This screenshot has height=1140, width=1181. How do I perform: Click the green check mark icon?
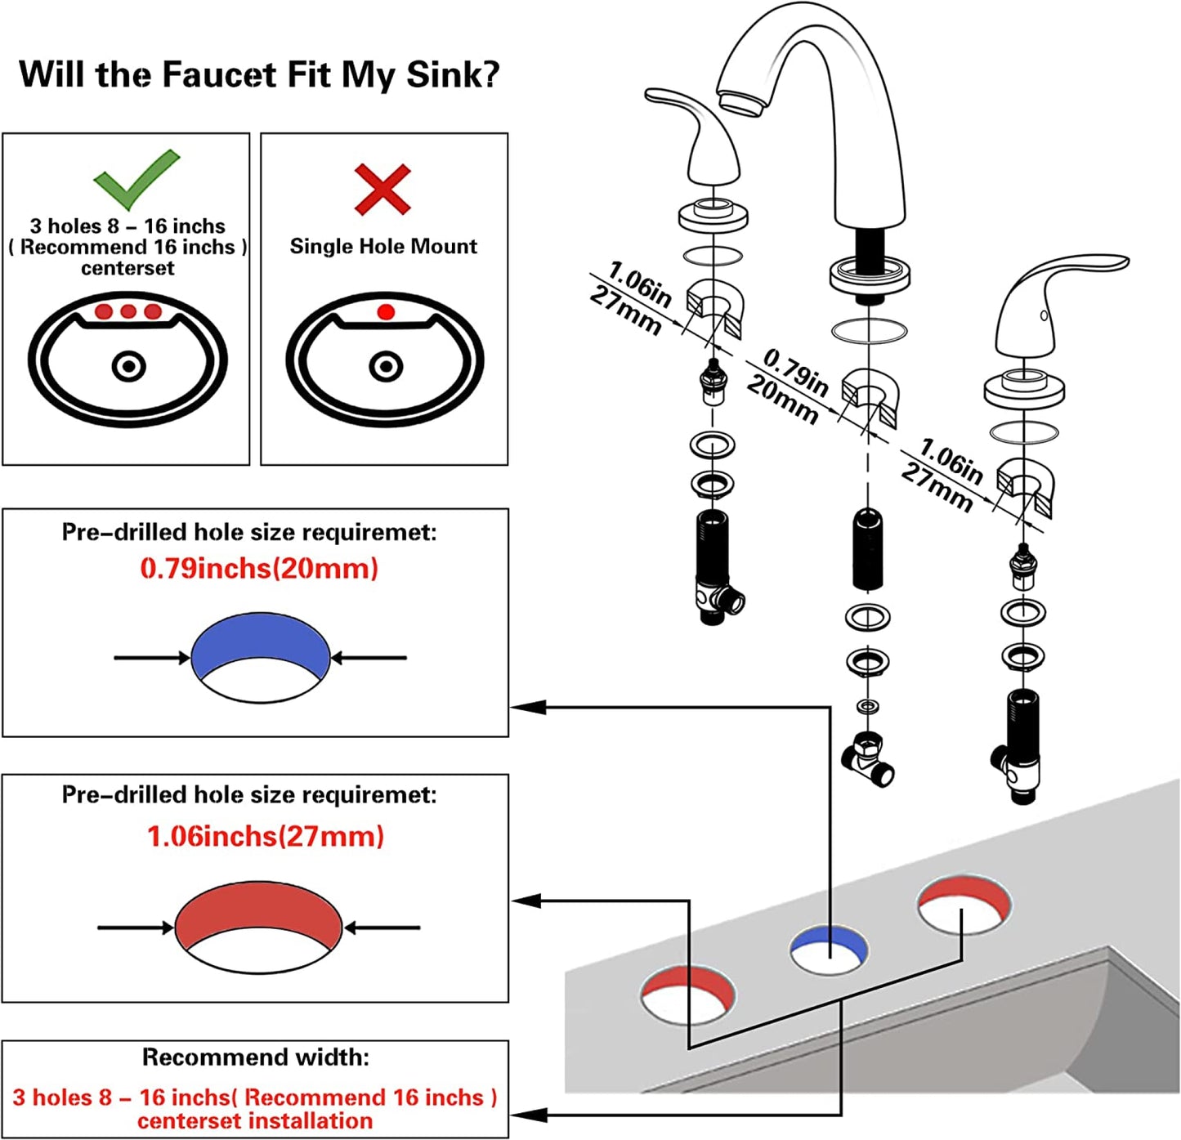pyautogui.click(x=135, y=178)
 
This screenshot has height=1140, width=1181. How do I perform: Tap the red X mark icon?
pyautogui.click(x=382, y=190)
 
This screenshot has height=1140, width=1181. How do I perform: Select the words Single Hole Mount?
pyautogui.click(x=383, y=246)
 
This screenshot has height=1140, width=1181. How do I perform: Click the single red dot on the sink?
pyautogui.click(x=387, y=311)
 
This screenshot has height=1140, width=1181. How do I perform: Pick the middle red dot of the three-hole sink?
pyautogui.click(x=128, y=311)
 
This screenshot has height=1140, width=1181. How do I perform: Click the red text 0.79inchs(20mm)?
pyautogui.click(x=259, y=568)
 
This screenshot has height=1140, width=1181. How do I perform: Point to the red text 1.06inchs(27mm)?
pyautogui.click(x=265, y=836)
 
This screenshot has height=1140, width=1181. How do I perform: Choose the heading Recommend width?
pyautogui.click(x=255, y=1057)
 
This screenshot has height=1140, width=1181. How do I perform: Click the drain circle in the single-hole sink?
pyautogui.click(x=386, y=366)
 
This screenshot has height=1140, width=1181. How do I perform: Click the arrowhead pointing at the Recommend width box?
pyautogui.click(x=528, y=1115)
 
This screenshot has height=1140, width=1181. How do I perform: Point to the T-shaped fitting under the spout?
pyautogui.click(x=869, y=761)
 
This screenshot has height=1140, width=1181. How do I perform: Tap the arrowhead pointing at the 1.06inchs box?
pyautogui.click(x=527, y=901)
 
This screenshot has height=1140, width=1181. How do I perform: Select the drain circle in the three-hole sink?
pyautogui.click(x=128, y=366)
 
